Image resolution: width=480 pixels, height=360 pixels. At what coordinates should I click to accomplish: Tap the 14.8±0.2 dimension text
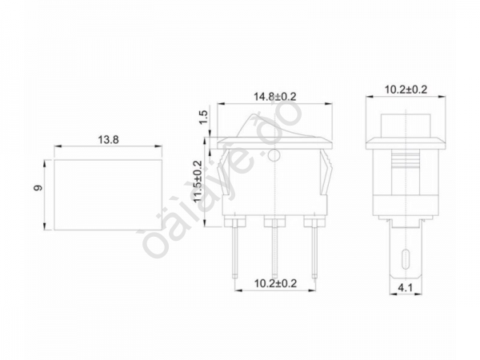pyautogui.click(x=274, y=96)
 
